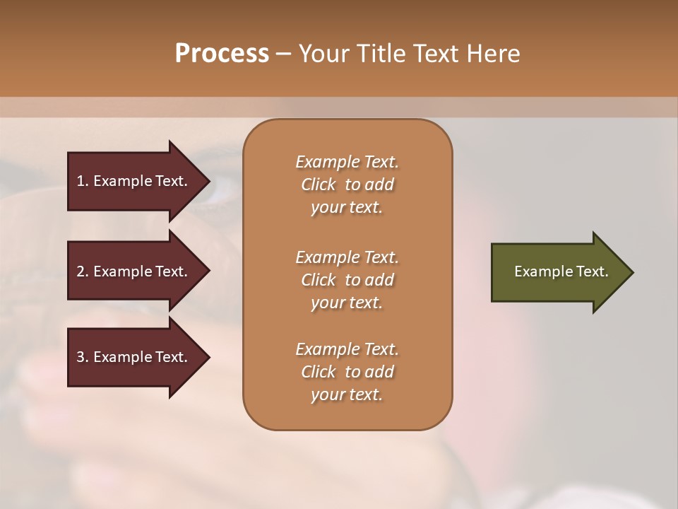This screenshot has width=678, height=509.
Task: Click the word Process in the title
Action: tap(222, 54)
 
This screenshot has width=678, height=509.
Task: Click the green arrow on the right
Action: tap(558, 272)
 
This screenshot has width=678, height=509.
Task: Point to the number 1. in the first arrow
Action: tap(83, 181)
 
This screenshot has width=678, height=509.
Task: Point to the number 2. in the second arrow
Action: tap(83, 271)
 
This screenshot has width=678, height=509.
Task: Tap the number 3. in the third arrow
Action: tap(83, 357)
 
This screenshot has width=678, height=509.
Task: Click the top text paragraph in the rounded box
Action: tap(347, 185)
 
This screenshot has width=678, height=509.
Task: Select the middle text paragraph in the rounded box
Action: tap(347, 280)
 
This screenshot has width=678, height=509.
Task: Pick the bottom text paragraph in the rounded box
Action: tap(347, 372)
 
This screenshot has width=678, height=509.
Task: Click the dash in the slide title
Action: tap(283, 54)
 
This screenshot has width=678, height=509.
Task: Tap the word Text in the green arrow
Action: tap(593, 271)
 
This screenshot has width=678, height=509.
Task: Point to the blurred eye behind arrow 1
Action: tap(225, 185)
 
